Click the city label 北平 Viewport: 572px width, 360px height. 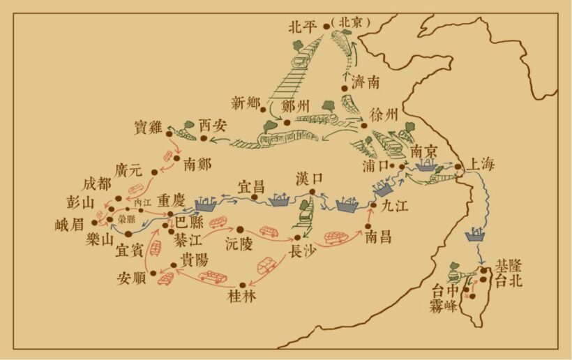(304, 27)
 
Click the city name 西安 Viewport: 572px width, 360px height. (213, 126)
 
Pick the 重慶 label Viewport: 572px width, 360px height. (171, 198)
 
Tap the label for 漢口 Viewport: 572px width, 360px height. (309, 179)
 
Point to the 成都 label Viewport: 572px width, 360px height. (97, 184)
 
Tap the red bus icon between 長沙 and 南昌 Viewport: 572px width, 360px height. (336, 238)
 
